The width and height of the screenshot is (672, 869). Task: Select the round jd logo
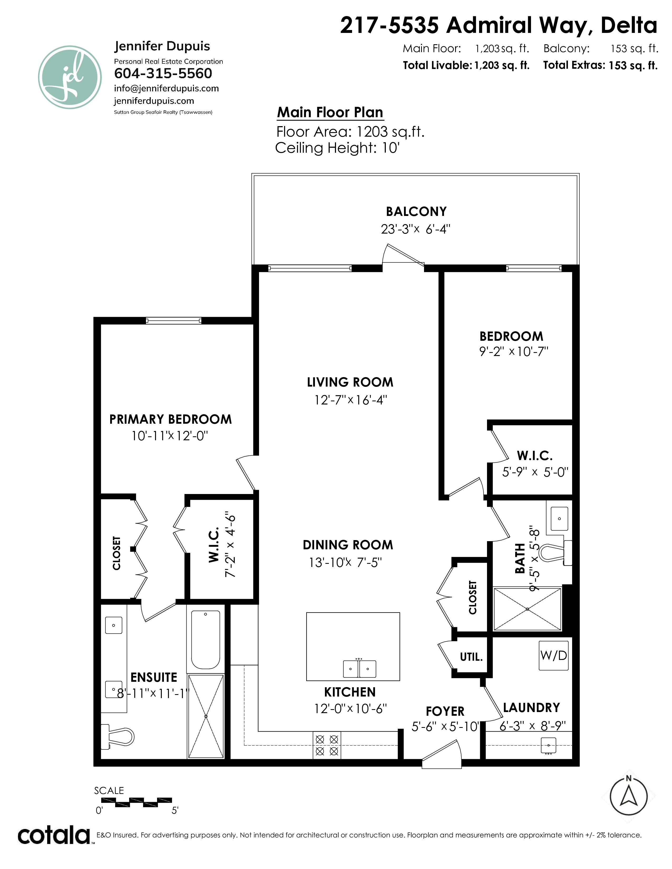click(x=70, y=77)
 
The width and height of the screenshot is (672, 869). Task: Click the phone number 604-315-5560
click(x=163, y=74)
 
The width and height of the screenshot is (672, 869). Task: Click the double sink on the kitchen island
click(x=359, y=669)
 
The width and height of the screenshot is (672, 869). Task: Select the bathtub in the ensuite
click(x=206, y=640)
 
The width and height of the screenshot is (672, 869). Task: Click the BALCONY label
click(x=416, y=211)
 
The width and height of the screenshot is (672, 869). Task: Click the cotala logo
click(x=54, y=836)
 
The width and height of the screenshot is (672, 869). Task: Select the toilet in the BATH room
click(x=555, y=552)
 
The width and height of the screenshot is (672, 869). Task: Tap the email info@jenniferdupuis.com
click(x=166, y=88)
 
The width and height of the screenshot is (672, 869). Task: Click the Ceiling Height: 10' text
click(x=337, y=148)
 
